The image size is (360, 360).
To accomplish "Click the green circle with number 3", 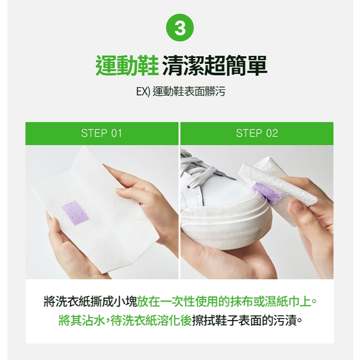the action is click(x=180, y=28).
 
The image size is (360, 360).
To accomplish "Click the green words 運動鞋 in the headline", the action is click(x=127, y=65).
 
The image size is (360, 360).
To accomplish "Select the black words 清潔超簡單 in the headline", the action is click(x=215, y=65).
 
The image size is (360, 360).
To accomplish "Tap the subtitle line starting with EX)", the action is click(x=181, y=92).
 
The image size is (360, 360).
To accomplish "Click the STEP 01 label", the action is click(x=101, y=133).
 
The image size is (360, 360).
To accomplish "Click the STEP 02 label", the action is click(x=257, y=133).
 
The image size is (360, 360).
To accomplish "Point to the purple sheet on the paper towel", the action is click(x=75, y=213).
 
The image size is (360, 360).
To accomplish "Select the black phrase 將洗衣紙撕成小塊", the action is click(x=90, y=301).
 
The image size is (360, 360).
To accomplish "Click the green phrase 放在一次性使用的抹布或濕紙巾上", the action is click(x=227, y=301).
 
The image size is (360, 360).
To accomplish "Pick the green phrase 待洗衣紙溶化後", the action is click(x=151, y=320).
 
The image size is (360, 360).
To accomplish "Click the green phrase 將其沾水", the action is click(x=82, y=320).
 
